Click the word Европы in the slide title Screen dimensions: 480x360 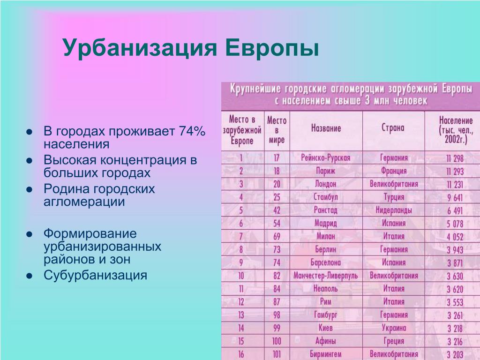tap(272, 48)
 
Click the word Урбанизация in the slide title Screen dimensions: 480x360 tap(140, 48)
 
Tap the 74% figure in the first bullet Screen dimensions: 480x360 tap(192, 131)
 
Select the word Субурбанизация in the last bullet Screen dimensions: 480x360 tap(95, 275)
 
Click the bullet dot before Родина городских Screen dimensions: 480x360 tap(30, 189)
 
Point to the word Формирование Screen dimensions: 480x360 tap(90, 233)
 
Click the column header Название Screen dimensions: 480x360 tap(326, 128)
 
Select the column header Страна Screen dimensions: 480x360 tap(393, 127)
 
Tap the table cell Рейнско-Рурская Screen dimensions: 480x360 tap(325, 157)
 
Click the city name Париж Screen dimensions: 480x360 tap(325, 171)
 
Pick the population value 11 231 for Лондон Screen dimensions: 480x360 tap(455, 185)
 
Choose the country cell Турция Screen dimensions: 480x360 tap(394, 197)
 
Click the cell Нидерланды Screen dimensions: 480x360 tap(394, 210)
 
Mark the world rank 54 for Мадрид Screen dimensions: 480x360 tap(277, 224)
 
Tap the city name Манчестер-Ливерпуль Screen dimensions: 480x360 tap(325, 276)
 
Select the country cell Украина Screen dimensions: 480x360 tap(394, 328)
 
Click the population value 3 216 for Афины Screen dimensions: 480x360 tap(455, 342)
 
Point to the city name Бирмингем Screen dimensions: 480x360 tap(325, 354)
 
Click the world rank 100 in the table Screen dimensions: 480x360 tap(277, 341)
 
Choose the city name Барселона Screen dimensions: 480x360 tap(325, 262)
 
